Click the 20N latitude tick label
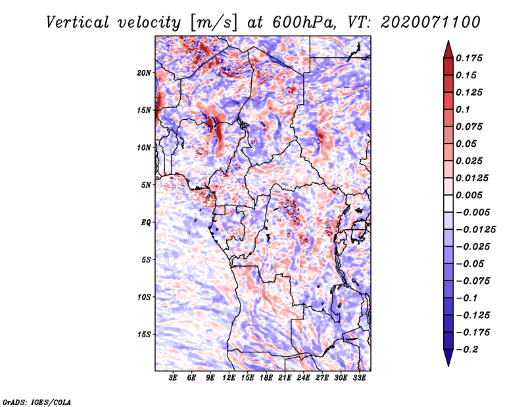pyautogui.click(x=144, y=72)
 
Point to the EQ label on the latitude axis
pyautogui.click(x=145, y=223)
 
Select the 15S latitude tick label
pyautogui.click(x=144, y=335)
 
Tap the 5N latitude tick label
pyautogui.click(x=145, y=185)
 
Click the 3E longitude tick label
pyautogui.click(x=174, y=379)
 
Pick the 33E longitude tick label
pyautogui.click(x=360, y=379)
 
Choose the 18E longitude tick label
pyautogui.click(x=266, y=379)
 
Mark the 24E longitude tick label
pyautogui.click(x=304, y=379)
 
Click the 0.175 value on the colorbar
pyautogui.click(x=470, y=59)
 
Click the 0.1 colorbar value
pyautogui.click(x=463, y=109)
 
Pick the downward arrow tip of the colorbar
pyautogui.click(x=448, y=364)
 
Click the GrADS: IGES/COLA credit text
pyautogui.click(x=36, y=401)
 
